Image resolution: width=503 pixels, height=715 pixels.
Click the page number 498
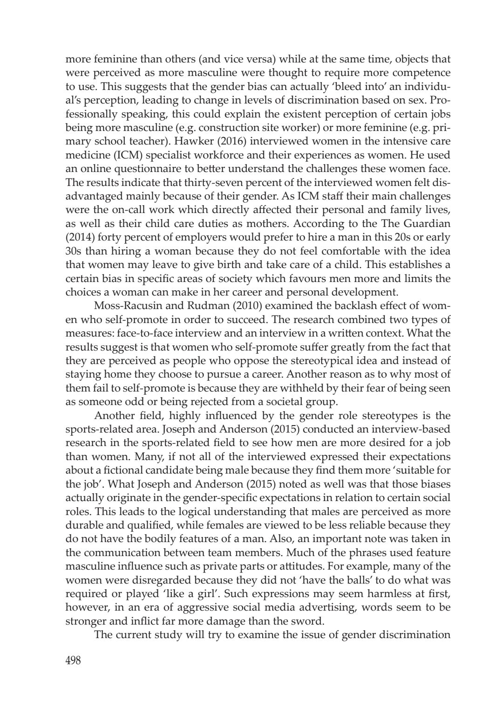click(74, 660)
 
